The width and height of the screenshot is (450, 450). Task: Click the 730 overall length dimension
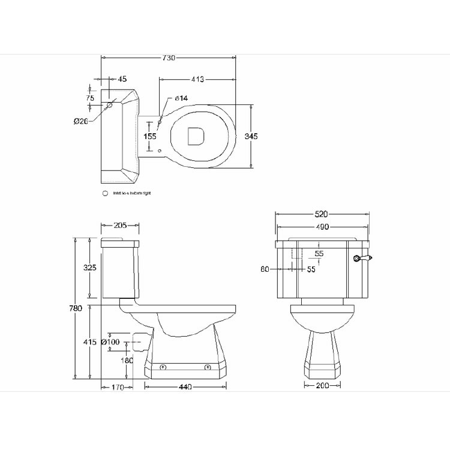pyautogui.click(x=169, y=58)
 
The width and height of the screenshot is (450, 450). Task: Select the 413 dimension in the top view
pyautogui.click(x=197, y=79)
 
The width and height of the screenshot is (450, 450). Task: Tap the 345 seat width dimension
pyautogui.click(x=251, y=137)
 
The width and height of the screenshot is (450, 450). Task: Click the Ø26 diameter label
pyautogui.click(x=81, y=121)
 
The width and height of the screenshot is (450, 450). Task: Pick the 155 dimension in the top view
pyautogui.click(x=150, y=136)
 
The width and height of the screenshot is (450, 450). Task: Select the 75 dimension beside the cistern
pyautogui.click(x=90, y=98)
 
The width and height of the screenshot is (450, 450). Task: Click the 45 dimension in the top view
pyautogui.click(x=122, y=79)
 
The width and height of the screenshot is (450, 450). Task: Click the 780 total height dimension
pyautogui.click(x=75, y=308)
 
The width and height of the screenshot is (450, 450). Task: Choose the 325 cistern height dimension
pyautogui.click(x=90, y=268)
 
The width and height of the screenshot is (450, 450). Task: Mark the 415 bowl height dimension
pyautogui.click(x=90, y=342)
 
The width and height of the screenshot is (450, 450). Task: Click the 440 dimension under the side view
pyautogui.click(x=185, y=388)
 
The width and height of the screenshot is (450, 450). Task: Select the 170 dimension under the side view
pyautogui.click(x=118, y=388)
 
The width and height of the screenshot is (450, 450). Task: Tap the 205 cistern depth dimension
pyautogui.click(x=121, y=226)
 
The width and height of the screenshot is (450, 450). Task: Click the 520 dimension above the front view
pyautogui.click(x=322, y=214)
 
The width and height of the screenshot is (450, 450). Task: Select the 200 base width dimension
pyautogui.click(x=322, y=386)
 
